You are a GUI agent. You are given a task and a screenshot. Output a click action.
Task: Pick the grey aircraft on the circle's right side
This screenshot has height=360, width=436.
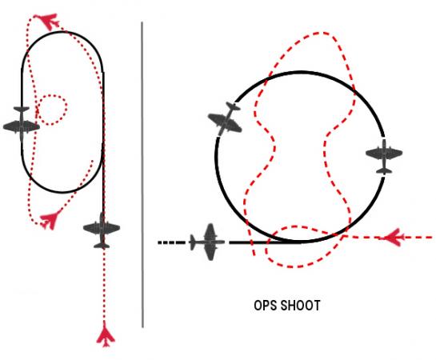click(x=384, y=156)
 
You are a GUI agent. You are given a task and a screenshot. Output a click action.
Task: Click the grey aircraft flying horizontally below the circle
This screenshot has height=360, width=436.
click(x=207, y=242)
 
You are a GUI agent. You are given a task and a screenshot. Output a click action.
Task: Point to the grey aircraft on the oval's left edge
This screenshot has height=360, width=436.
click(x=22, y=124)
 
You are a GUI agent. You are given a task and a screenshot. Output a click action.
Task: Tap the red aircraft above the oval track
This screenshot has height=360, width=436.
click(x=50, y=21)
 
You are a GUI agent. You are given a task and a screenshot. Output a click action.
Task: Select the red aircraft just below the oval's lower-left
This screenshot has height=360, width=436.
click(x=51, y=219)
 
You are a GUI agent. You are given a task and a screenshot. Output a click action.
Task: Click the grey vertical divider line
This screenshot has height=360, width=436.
click(x=142, y=174)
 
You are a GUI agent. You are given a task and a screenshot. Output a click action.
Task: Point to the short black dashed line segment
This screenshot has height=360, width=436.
click(x=171, y=242)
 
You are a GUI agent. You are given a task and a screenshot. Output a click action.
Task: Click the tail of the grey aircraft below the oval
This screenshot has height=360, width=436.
click(x=102, y=246)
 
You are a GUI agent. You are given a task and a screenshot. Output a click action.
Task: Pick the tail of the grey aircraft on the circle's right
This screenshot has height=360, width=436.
click(x=384, y=170)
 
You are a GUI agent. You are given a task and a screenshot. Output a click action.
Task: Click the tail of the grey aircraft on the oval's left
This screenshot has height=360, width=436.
click(x=22, y=109)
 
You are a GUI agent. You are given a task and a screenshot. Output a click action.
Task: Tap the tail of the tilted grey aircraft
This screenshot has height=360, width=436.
click(x=234, y=106)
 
